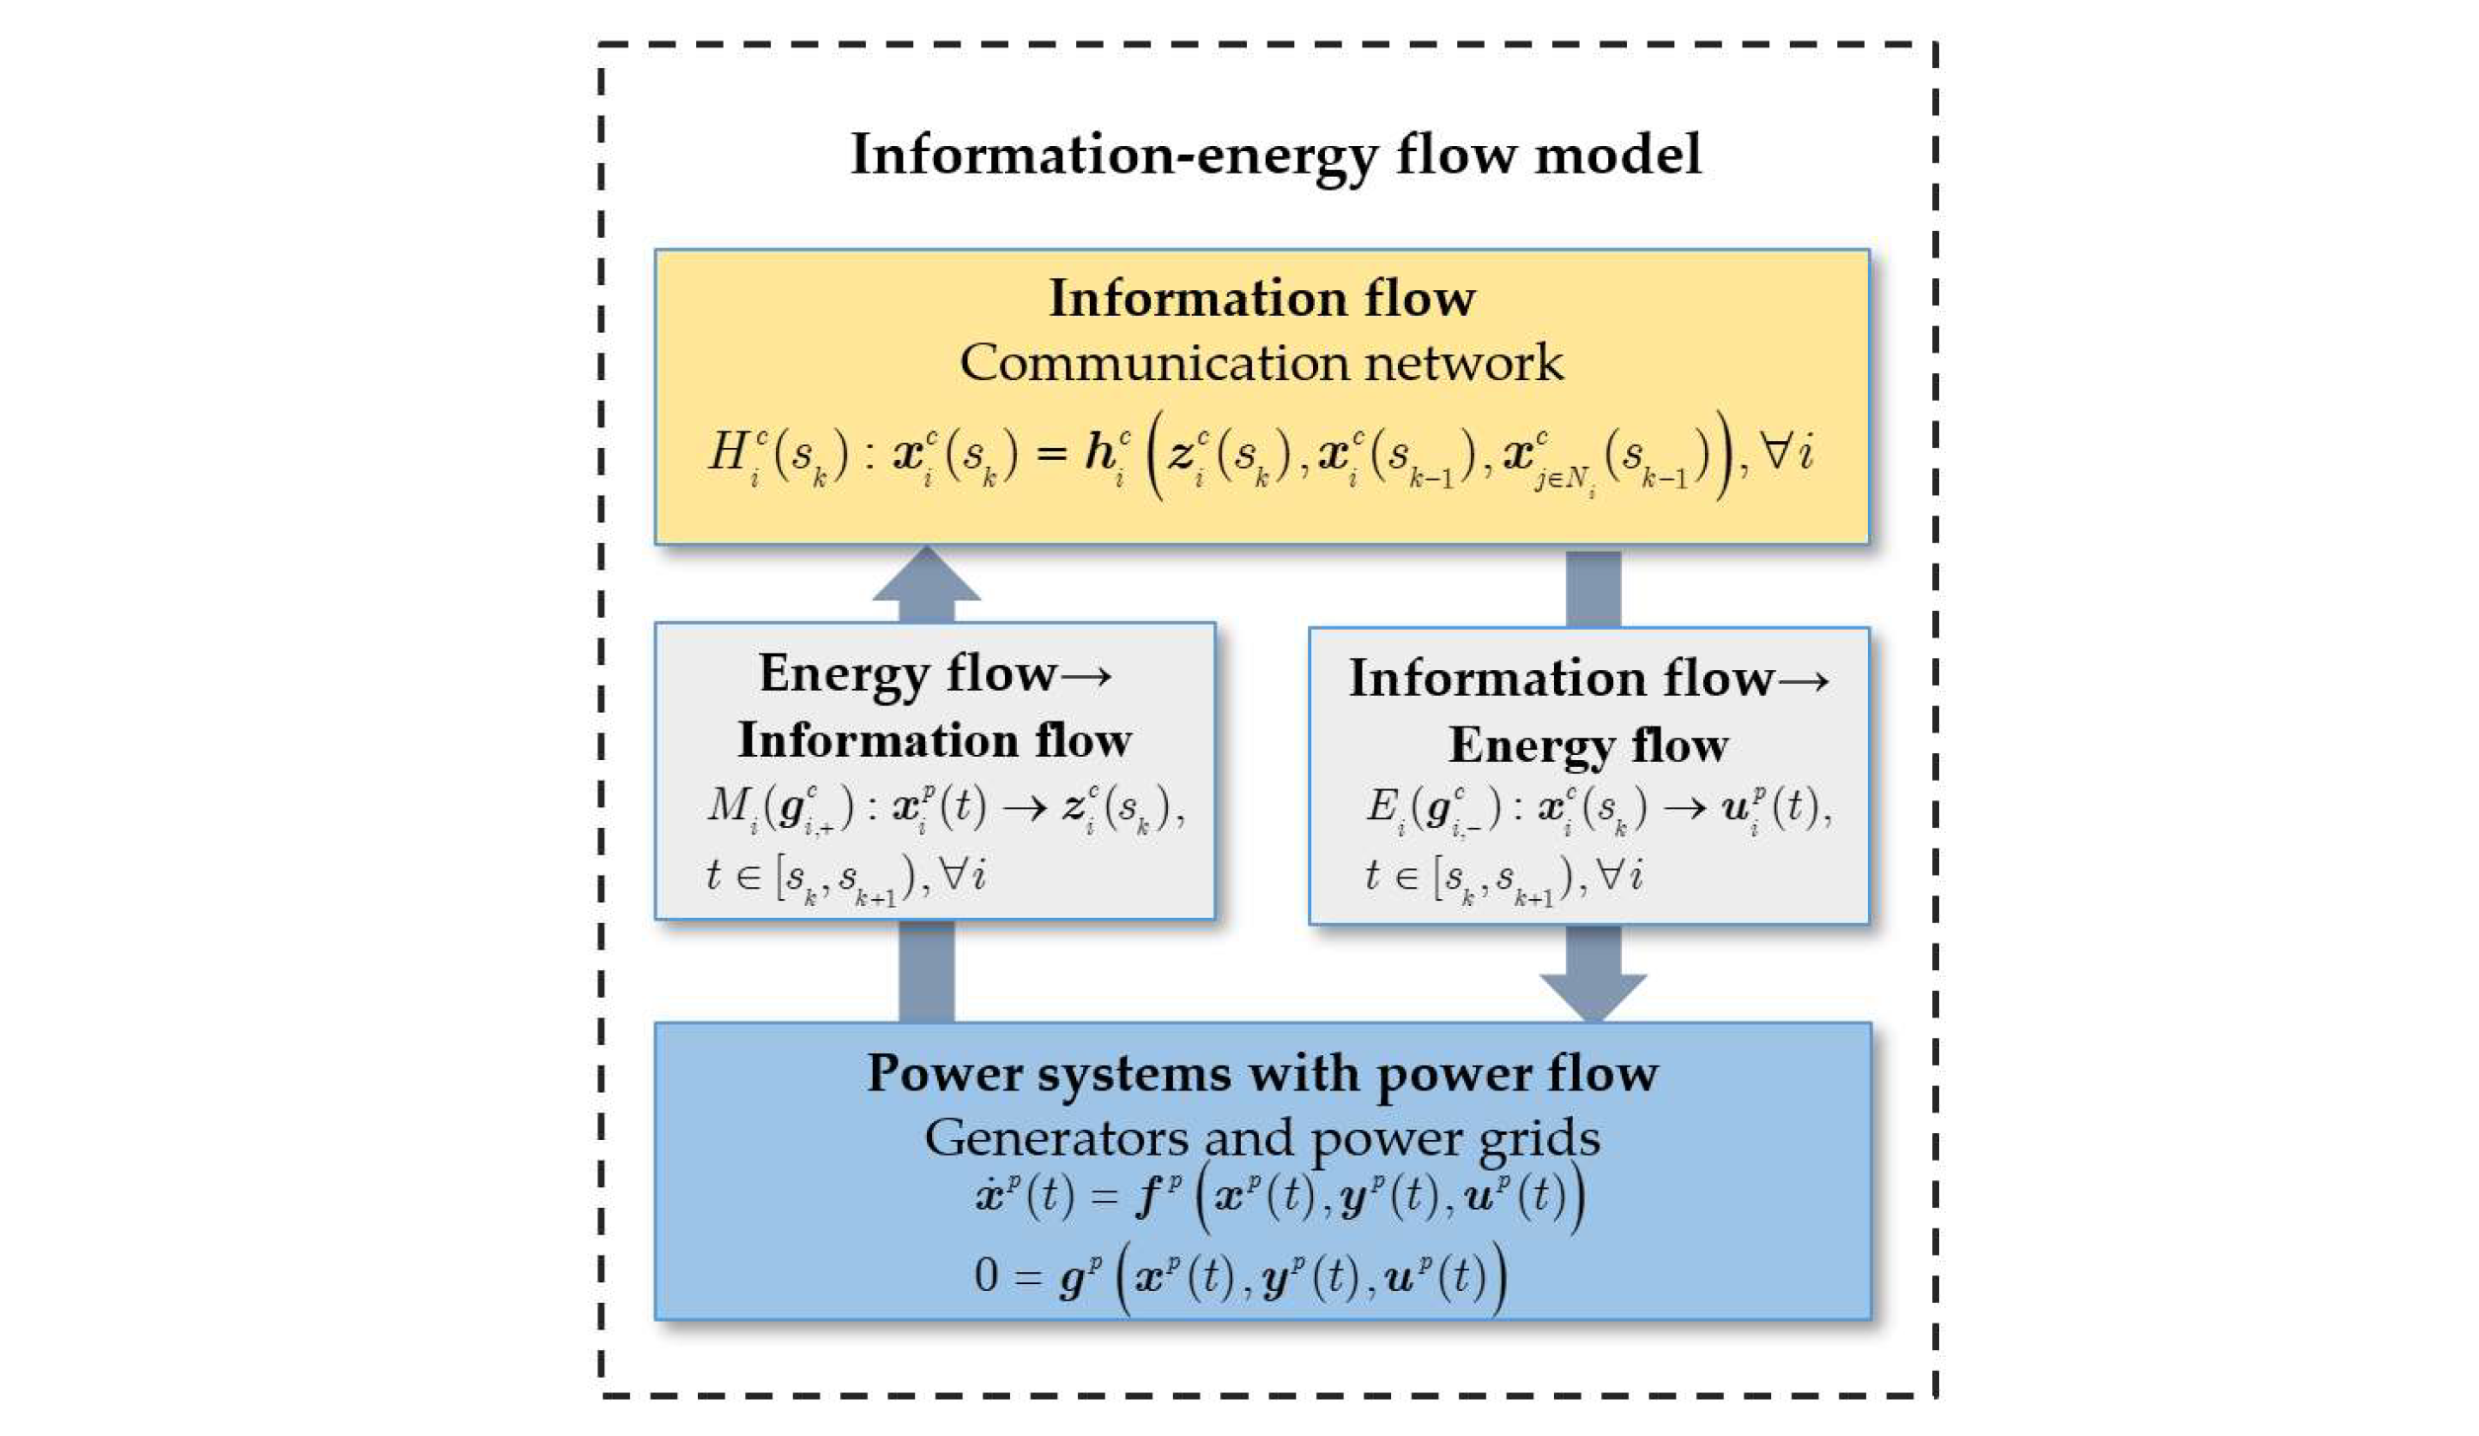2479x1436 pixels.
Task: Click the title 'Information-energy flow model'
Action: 1275,155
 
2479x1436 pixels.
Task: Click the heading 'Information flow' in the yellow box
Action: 1261,298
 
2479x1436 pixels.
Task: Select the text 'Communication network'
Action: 1261,363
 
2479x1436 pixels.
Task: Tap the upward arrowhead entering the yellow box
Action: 925,577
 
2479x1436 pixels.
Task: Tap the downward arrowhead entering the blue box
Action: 1592,995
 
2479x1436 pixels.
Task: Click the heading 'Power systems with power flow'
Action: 1262,1074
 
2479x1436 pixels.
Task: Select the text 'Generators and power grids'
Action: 1261,1138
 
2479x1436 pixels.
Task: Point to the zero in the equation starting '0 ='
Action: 985,1274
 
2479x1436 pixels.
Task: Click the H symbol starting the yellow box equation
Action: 729,453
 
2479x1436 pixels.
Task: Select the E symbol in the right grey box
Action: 1379,806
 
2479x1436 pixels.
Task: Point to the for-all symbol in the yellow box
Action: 1776,451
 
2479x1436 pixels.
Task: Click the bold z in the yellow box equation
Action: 1181,453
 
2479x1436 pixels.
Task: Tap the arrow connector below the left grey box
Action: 925,971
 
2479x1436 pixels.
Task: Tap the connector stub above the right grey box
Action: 1592,588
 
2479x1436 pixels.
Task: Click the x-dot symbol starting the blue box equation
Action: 988,1196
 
